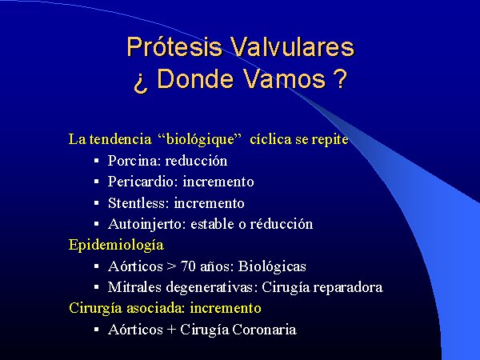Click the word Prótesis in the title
[x=174, y=47]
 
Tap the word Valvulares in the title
[x=292, y=46]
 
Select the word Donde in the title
[x=194, y=78]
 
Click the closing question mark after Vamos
[x=339, y=78]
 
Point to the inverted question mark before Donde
[x=141, y=82]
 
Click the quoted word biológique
[x=200, y=139]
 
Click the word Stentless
[x=138, y=203]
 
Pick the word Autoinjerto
[x=147, y=224]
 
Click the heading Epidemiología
[x=116, y=245]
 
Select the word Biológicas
[x=272, y=266]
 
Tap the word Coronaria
[x=264, y=330]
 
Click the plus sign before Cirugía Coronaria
[x=172, y=330]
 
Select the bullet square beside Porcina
[x=97, y=161]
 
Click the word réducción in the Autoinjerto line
[x=282, y=224]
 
